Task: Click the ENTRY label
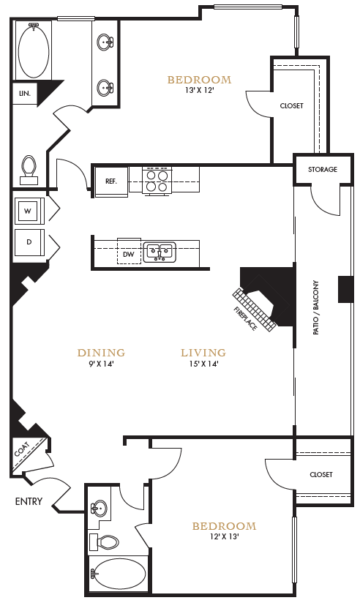point(28,501)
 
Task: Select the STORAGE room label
point(322,170)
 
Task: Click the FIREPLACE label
point(246,316)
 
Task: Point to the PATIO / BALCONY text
point(316,307)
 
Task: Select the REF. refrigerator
point(111,181)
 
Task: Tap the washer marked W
point(28,211)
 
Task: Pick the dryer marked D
point(29,242)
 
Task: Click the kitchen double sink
point(158,252)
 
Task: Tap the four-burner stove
point(157,180)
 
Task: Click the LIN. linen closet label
point(24,94)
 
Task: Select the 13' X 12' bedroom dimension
point(199,91)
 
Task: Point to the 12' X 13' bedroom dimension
point(224,536)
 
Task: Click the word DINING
point(101,353)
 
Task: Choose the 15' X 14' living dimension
point(203,364)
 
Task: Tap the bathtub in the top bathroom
point(33,52)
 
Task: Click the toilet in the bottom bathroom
point(107,542)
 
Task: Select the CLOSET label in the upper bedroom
point(291,106)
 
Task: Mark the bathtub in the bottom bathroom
point(118,575)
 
